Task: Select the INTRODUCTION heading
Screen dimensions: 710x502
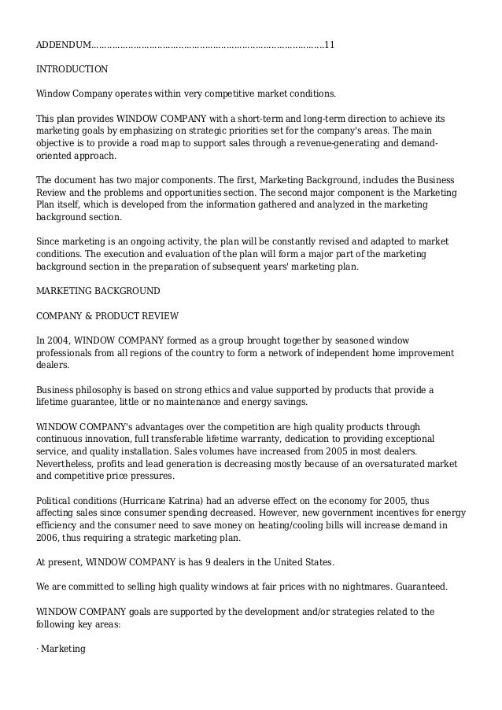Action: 72,69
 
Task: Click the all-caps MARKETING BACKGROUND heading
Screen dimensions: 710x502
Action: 98,291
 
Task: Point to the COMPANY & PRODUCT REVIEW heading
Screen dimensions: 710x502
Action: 108,316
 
